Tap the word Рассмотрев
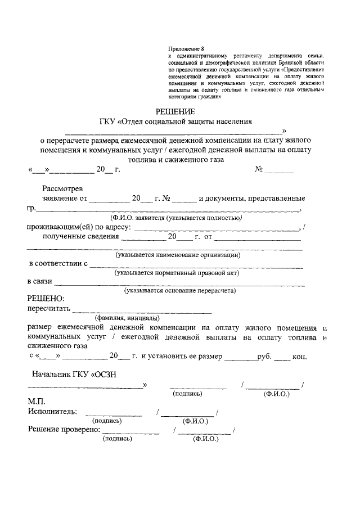[x=62, y=188]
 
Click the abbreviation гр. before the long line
[x=31, y=209]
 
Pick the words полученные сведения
[x=80, y=237]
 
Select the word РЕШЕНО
[x=46, y=299]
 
